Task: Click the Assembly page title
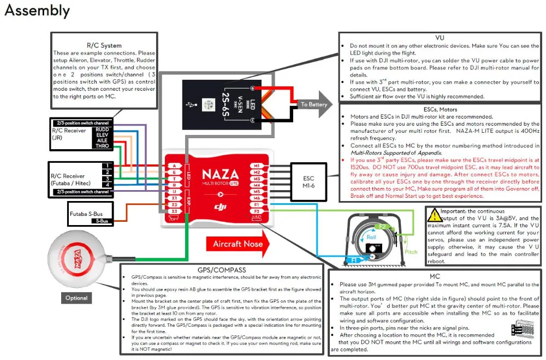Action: coord(37,11)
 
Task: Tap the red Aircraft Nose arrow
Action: coord(238,244)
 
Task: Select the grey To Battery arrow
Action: coord(314,104)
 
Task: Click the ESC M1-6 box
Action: coord(308,182)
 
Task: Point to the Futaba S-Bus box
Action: coord(90,214)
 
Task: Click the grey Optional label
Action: coord(76,298)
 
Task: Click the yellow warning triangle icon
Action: coord(434,215)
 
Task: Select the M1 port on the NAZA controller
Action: coord(257,166)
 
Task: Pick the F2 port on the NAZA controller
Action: coord(257,211)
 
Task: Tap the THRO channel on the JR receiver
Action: coord(103,146)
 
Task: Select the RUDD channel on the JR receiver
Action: coord(103,129)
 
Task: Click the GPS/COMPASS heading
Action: coord(222,270)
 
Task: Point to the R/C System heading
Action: coord(104,45)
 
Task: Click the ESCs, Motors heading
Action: coord(440,109)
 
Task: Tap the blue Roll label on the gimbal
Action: coord(371,237)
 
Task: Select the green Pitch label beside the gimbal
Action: coord(411,252)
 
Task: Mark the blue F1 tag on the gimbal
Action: coord(354,261)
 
